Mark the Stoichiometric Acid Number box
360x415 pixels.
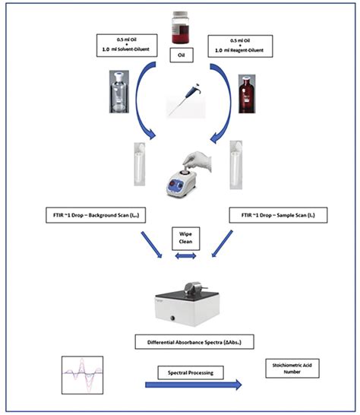pyautogui.click(x=290, y=369)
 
